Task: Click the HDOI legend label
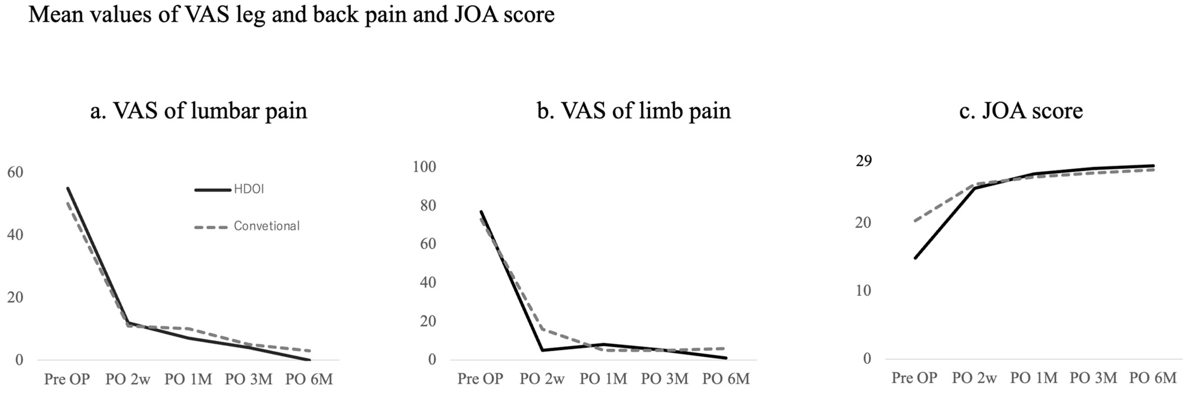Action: [x=249, y=189]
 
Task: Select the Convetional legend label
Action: [x=266, y=226]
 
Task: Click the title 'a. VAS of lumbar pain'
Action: [x=198, y=111]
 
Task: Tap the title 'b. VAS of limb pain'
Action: [x=634, y=111]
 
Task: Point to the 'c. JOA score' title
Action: [x=1020, y=111]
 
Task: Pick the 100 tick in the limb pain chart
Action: [x=425, y=167]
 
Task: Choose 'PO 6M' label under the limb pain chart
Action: [x=726, y=379]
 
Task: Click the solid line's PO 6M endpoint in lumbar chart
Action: [x=309, y=360]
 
